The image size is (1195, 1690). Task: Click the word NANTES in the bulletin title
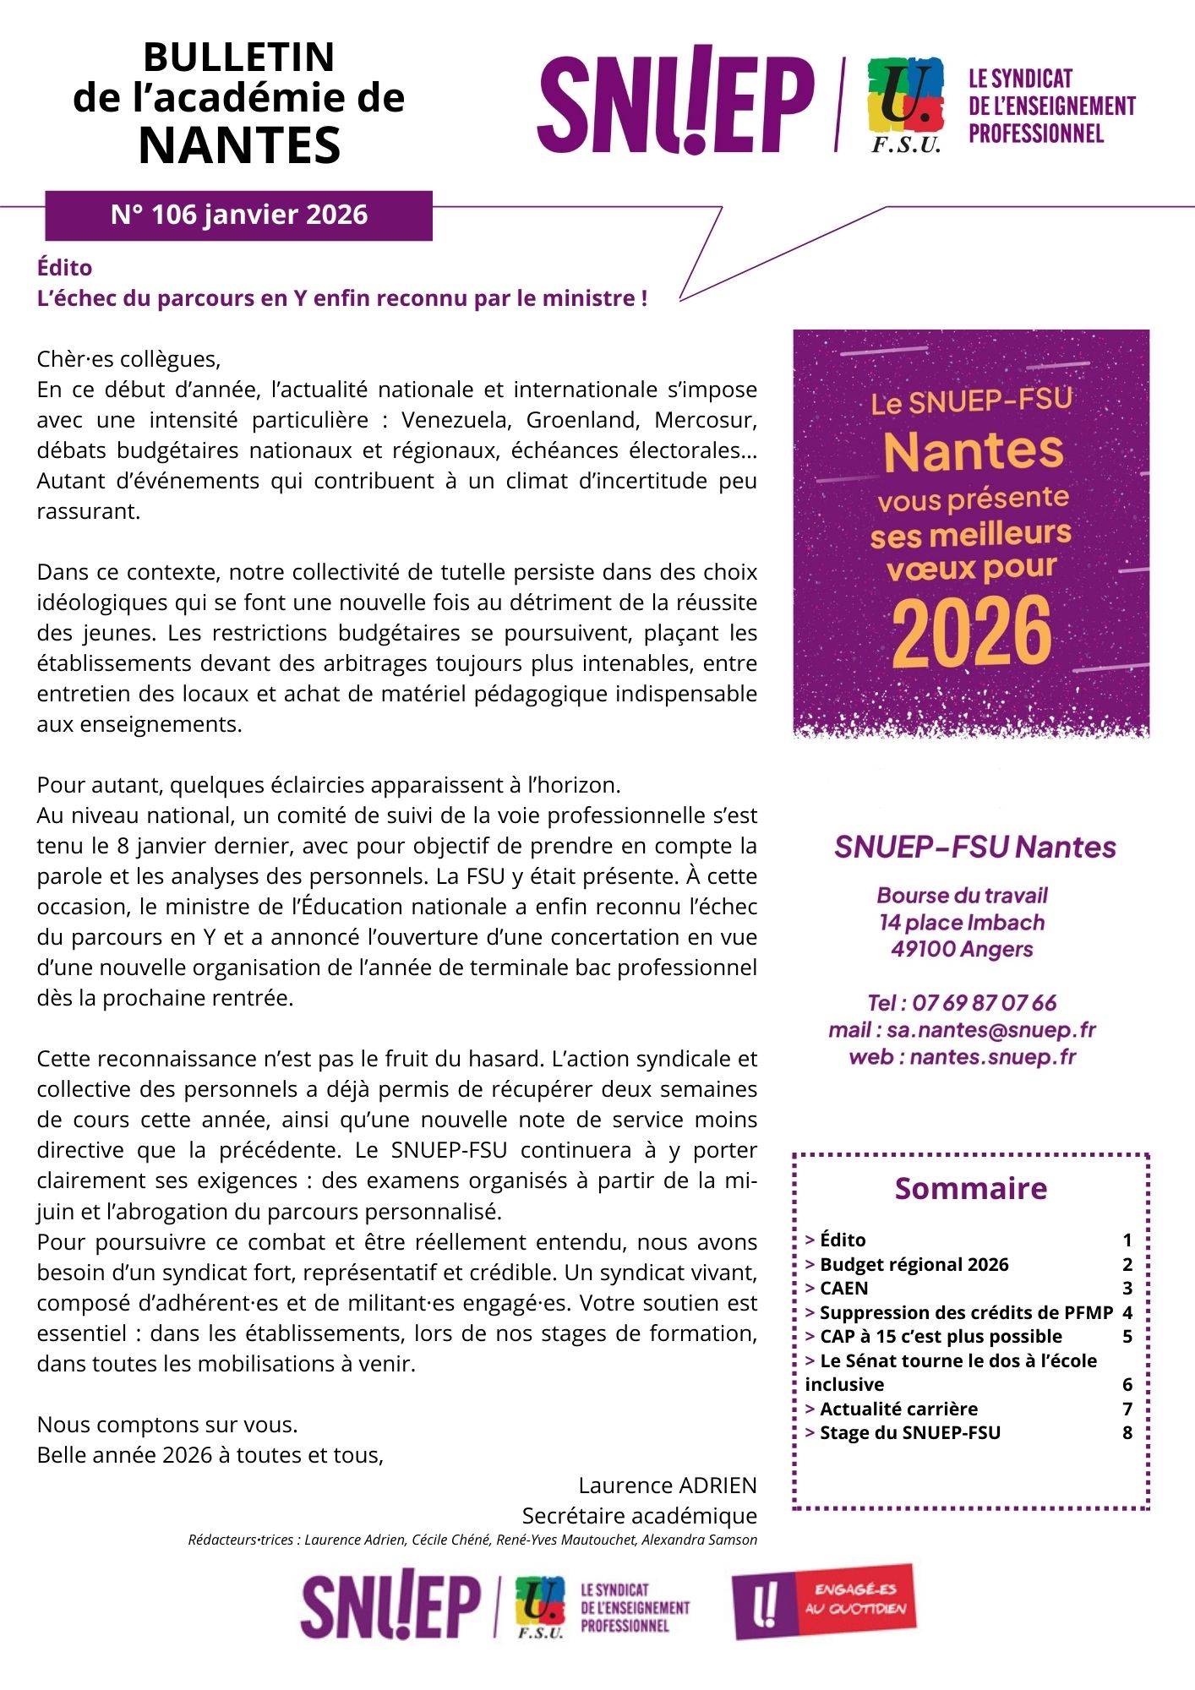[239, 145]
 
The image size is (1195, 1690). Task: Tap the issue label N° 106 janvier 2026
[239, 215]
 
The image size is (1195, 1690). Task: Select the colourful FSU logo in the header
[905, 103]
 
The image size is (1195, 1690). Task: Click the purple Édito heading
[65, 268]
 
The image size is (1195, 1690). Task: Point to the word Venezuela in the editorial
[456, 420]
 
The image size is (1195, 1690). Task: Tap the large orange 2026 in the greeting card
[971, 632]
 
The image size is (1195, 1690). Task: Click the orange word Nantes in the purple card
[974, 451]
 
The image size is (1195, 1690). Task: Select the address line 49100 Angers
[962, 949]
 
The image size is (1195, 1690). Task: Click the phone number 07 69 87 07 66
[985, 1003]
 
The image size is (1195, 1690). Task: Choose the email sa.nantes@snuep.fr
[990, 1030]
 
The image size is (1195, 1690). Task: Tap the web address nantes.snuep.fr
[992, 1057]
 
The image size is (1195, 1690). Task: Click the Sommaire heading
[970, 1188]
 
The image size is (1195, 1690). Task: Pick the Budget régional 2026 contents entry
[914, 1264]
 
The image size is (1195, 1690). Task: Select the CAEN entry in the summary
[843, 1288]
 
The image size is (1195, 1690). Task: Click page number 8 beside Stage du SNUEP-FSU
[1127, 1432]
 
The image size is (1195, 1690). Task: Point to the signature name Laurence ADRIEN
[668, 1486]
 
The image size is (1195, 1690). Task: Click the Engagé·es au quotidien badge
[824, 1600]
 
